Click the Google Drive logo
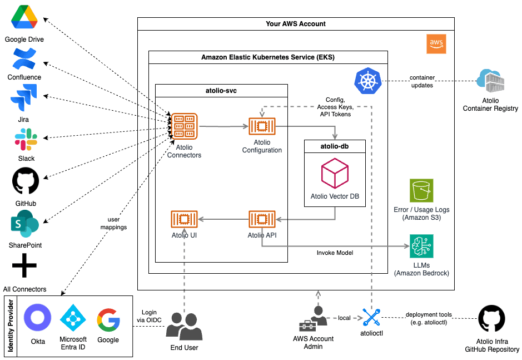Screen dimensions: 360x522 [24, 18]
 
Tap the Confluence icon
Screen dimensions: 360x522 [24, 60]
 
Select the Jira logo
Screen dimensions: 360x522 [24, 98]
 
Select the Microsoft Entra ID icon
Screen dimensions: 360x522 [73, 318]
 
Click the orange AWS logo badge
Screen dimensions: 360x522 [436, 44]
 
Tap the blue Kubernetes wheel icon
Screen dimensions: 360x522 [366, 81]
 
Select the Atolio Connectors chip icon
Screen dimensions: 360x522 [184, 126]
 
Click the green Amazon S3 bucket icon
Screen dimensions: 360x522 [421, 191]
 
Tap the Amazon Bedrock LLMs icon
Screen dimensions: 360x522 [421, 246]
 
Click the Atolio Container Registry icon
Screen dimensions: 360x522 [490, 82]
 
